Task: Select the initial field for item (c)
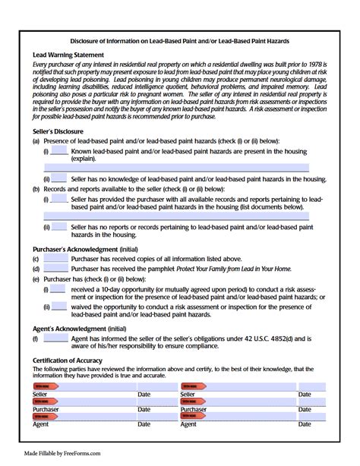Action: click(x=56, y=259)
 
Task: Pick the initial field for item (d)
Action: click(x=56, y=269)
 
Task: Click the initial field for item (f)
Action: click(x=56, y=338)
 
